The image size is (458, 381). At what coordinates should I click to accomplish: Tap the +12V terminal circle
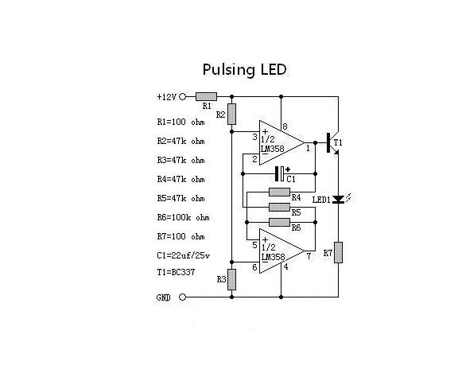(x=183, y=96)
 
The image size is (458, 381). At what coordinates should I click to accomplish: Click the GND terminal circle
(x=183, y=297)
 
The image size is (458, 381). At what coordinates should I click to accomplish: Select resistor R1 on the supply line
(x=206, y=96)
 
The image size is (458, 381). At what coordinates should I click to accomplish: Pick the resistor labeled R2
(x=231, y=114)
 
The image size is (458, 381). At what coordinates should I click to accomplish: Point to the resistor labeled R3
(x=231, y=278)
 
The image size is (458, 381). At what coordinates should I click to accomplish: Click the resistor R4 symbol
(x=279, y=192)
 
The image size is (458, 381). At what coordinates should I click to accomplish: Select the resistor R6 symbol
(x=279, y=220)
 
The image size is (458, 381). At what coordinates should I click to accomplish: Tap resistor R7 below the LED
(x=338, y=253)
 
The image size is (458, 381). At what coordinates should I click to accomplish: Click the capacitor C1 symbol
(x=278, y=173)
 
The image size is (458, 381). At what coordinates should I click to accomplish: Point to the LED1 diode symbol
(x=338, y=200)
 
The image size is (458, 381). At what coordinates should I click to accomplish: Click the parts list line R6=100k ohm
(x=183, y=217)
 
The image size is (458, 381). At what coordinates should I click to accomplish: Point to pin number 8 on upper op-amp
(x=285, y=126)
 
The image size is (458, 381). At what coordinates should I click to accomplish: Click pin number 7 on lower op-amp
(x=307, y=256)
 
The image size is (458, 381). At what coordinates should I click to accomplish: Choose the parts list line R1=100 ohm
(x=180, y=122)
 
